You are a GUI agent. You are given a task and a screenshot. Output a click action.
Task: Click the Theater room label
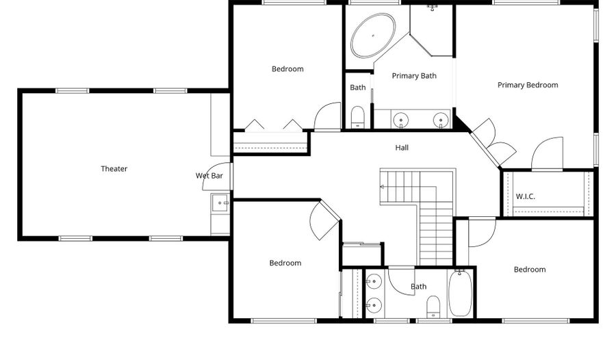[114, 169]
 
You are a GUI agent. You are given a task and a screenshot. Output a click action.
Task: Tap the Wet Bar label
[209, 176]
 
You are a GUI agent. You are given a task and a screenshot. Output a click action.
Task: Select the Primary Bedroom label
[528, 86]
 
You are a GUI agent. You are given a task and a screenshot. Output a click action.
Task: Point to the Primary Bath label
[414, 76]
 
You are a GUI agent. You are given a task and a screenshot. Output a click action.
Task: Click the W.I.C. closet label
[525, 196]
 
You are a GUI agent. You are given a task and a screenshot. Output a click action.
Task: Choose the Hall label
[402, 148]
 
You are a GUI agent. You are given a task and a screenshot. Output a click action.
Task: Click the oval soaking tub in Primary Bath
[373, 36]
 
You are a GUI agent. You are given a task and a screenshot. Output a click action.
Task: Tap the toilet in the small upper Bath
[357, 117]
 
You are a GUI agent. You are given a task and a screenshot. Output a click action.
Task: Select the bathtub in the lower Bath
[460, 293]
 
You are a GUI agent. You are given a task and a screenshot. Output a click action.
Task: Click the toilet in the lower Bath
[433, 307]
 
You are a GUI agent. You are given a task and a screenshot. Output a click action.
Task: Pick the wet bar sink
[220, 203]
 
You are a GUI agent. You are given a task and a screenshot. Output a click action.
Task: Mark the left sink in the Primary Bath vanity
[400, 120]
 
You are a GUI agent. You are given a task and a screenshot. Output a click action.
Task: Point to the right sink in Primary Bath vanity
[440, 120]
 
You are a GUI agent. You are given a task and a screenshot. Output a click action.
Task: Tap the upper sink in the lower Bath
[374, 281]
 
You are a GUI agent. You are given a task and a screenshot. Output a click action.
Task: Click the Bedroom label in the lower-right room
[530, 270]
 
